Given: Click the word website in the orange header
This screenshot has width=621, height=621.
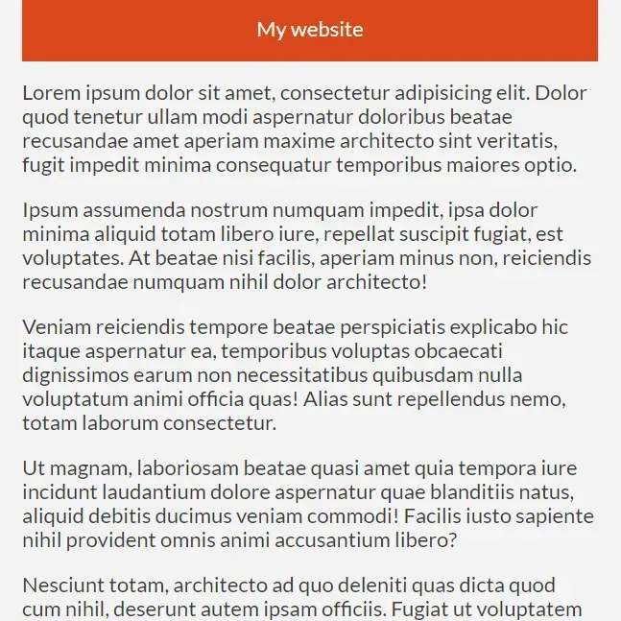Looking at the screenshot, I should coord(326,30).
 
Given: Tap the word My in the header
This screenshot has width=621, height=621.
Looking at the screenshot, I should coord(272,31).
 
